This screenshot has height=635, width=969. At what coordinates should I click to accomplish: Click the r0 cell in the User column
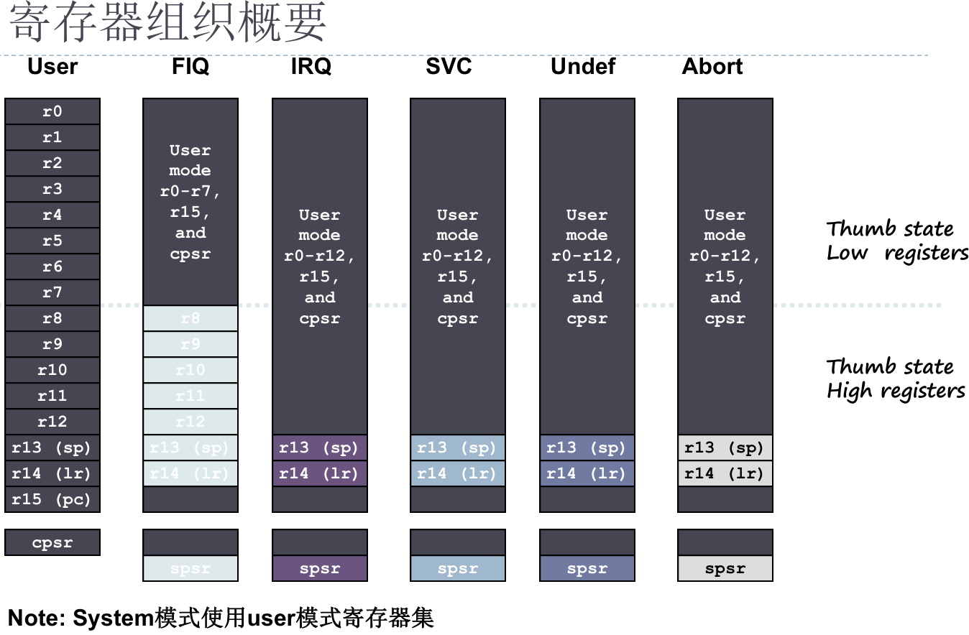point(52,111)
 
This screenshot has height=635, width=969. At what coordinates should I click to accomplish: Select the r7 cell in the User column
point(52,292)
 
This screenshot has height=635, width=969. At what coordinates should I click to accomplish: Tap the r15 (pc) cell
point(52,499)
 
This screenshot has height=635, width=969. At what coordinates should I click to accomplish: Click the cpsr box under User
point(52,542)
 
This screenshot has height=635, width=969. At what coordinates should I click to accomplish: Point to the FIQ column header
point(190,67)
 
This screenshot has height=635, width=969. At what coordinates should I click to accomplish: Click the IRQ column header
point(311,67)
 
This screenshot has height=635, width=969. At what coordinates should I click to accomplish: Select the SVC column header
point(449,67)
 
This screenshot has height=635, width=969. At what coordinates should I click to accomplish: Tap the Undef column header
point(583,67)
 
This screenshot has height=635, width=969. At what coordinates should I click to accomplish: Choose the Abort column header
point(712,67)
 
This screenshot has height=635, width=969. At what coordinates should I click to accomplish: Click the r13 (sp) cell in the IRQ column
point(320,448)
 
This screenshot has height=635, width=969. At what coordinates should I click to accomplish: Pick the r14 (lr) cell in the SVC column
point(458,473)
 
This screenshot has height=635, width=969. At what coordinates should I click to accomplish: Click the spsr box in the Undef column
point(587,568)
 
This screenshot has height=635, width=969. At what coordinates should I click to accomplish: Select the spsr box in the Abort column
point(725,568)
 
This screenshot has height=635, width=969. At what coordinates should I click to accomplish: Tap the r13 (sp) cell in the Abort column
point(725,448)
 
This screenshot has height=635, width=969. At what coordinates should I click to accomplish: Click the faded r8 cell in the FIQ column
point(190,318)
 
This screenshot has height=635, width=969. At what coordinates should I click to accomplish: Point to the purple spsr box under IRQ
point(320,568)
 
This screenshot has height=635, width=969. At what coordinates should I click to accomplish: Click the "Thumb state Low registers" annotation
point(896,241)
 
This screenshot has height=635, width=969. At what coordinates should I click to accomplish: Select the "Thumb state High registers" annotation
point(895,379)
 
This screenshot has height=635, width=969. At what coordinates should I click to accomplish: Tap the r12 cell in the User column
point(52,422)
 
